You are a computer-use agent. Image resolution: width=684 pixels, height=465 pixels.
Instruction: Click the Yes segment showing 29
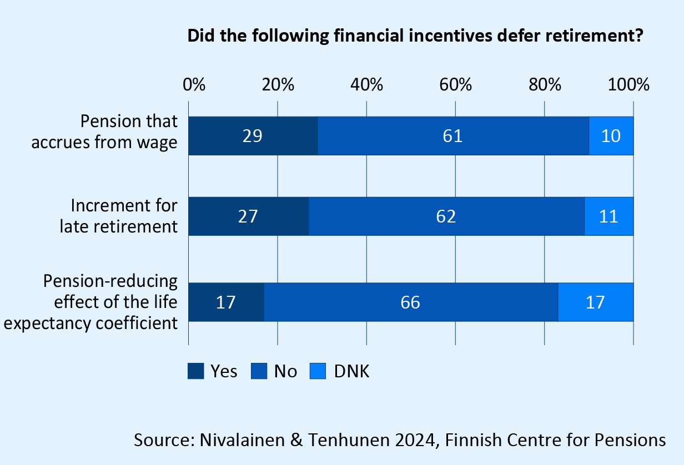tap(253, 136)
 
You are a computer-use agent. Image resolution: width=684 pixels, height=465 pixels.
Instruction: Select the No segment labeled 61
tap(453, 136)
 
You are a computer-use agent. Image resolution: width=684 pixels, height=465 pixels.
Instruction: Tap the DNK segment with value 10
tap(611, 136)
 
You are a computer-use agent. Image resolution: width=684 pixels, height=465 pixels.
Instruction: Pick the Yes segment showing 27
tap(248, 216)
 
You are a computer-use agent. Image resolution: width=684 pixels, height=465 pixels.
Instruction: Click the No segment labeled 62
tap(446, 216)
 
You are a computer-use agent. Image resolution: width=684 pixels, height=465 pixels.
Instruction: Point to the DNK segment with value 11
tap(609, 216)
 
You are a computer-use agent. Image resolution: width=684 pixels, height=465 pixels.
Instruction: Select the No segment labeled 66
tap(411, 302)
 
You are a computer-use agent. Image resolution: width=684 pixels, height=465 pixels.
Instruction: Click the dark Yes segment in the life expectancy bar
tap(227, 302)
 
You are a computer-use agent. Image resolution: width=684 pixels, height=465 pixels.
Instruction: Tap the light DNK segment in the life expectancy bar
tap(596, 302)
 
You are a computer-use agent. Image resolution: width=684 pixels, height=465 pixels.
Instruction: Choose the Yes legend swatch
tap(196, 371)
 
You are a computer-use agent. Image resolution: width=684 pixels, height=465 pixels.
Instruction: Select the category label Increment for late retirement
tap(124, 216)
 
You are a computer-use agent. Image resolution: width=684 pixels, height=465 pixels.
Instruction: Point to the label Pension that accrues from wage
tap(104, 132)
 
